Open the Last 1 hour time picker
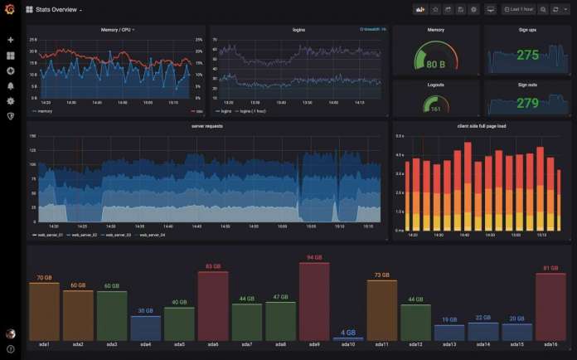520,9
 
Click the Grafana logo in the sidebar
11,10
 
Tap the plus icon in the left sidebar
11,40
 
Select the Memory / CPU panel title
116,30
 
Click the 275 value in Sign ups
527,56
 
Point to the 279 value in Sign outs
527,103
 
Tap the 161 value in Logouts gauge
435,109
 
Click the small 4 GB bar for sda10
348,338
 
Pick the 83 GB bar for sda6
212,305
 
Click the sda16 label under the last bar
551,344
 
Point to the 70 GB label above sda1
44,277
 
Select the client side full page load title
481,126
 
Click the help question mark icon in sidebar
11,349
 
